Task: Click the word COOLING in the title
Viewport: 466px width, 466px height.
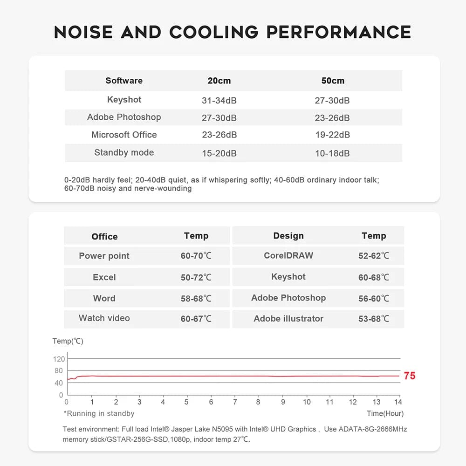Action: point(213,32)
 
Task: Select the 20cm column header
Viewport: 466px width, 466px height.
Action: point(219,81)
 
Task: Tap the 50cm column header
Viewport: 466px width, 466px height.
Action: point(333,81)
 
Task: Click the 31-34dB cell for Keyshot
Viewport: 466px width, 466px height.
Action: point(219,101)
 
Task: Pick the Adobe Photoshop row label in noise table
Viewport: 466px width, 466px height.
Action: point(124,117)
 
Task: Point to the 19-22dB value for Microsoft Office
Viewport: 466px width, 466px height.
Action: point(332,135)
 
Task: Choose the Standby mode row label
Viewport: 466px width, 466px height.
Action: point(124,152)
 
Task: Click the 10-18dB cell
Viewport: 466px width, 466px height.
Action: point(332,153)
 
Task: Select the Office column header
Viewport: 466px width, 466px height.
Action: point(104,236)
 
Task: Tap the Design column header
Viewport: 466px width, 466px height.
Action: point(288,236)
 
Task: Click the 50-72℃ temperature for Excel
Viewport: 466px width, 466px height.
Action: point(196,277)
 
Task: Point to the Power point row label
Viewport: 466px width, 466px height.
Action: point(104,256)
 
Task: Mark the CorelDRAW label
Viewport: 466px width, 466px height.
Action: point(288,255)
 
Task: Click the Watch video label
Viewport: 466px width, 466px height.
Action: point(104,318)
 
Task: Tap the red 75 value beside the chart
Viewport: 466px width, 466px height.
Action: point(410,376)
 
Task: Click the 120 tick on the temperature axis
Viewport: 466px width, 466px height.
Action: point(59,359)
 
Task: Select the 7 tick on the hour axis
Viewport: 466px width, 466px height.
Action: point(235,402)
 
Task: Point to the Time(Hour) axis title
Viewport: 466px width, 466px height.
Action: point(385,413)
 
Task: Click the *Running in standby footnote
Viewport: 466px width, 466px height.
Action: point(99,413)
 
